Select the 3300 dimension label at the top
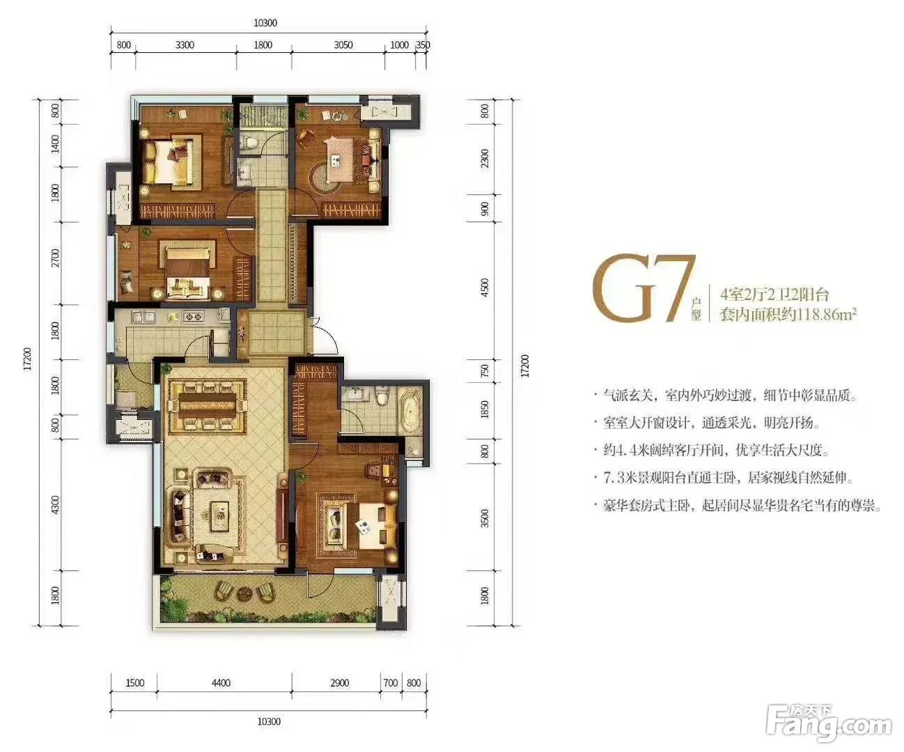click(185, 45)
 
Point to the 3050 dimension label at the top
click(343, 45)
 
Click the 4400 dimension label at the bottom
click(221, 683)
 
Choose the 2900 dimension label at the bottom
click(339, 683)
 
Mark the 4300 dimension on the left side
click(55, 506)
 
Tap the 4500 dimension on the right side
click(485, 288)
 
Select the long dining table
click(208, 401)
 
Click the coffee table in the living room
click(221, 515)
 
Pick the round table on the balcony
click(244, 593)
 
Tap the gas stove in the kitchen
click(193, 317)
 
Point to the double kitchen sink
click(143, 317)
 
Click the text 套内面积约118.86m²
click(788, 314)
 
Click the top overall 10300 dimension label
click(265, 22)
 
